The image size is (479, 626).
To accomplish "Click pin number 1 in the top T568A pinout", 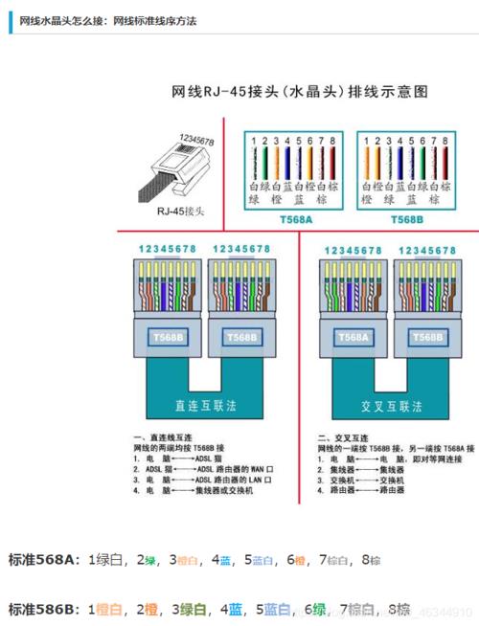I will point(253,141).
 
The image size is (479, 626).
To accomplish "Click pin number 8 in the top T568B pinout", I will point(445,141).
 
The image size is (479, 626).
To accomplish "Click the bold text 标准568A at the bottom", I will point(44,560).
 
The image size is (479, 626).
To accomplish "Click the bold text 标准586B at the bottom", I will point(44,609).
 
